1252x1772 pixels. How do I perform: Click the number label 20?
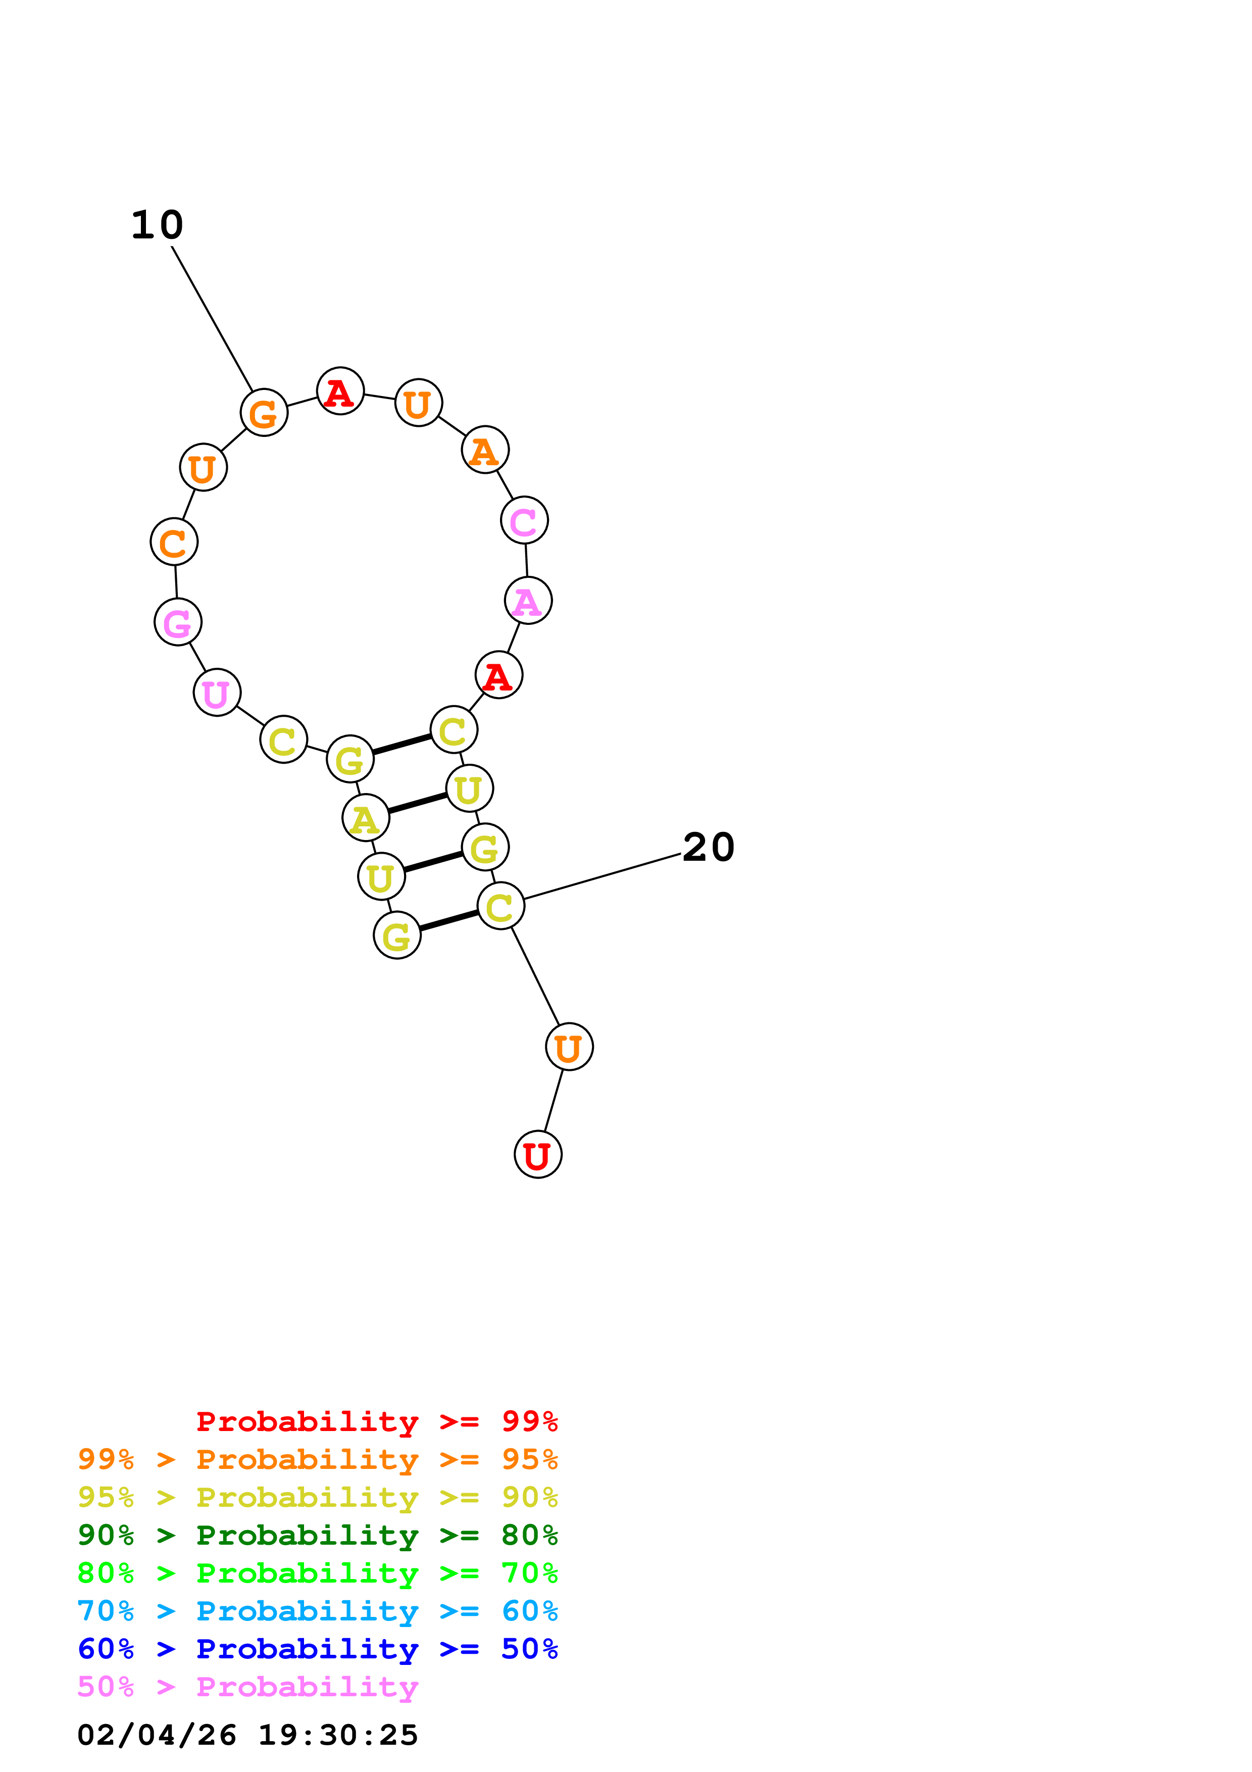tap(708, 848)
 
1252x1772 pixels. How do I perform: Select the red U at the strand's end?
tap(538, 1155)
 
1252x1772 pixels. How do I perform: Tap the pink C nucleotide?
tap(524, 521)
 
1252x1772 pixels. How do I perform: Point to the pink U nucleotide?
tap(217, 693)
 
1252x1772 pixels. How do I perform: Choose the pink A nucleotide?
tap(528, 601)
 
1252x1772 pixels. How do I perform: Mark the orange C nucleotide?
tap(174, 542)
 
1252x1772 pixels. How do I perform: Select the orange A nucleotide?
tap(484, 450)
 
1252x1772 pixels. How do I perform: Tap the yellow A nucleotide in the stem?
tap(366, 818)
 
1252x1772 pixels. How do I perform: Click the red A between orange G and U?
tap(340, 391)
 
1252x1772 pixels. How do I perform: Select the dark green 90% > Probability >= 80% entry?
tap(317, 1535)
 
